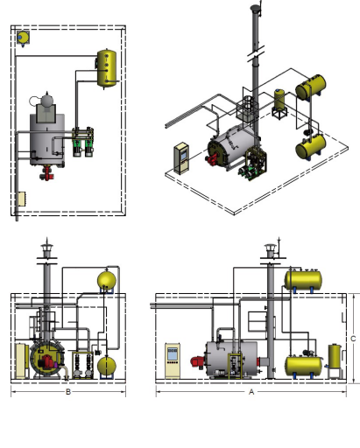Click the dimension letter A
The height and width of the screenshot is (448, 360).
point(251,392)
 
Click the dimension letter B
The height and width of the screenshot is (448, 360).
point(68,392)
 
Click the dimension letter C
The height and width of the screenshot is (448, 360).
point(353,339)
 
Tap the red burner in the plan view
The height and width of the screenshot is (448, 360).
point(46,173)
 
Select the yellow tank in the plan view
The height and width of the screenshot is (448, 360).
point(107,69)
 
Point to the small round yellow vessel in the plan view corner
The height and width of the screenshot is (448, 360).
point(23,38)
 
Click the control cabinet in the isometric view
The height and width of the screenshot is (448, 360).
point(181,158)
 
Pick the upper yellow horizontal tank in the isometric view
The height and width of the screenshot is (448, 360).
point(311,87)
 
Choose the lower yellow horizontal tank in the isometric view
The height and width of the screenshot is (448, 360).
point(311,147)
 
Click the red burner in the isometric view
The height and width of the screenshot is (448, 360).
point(212,159)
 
